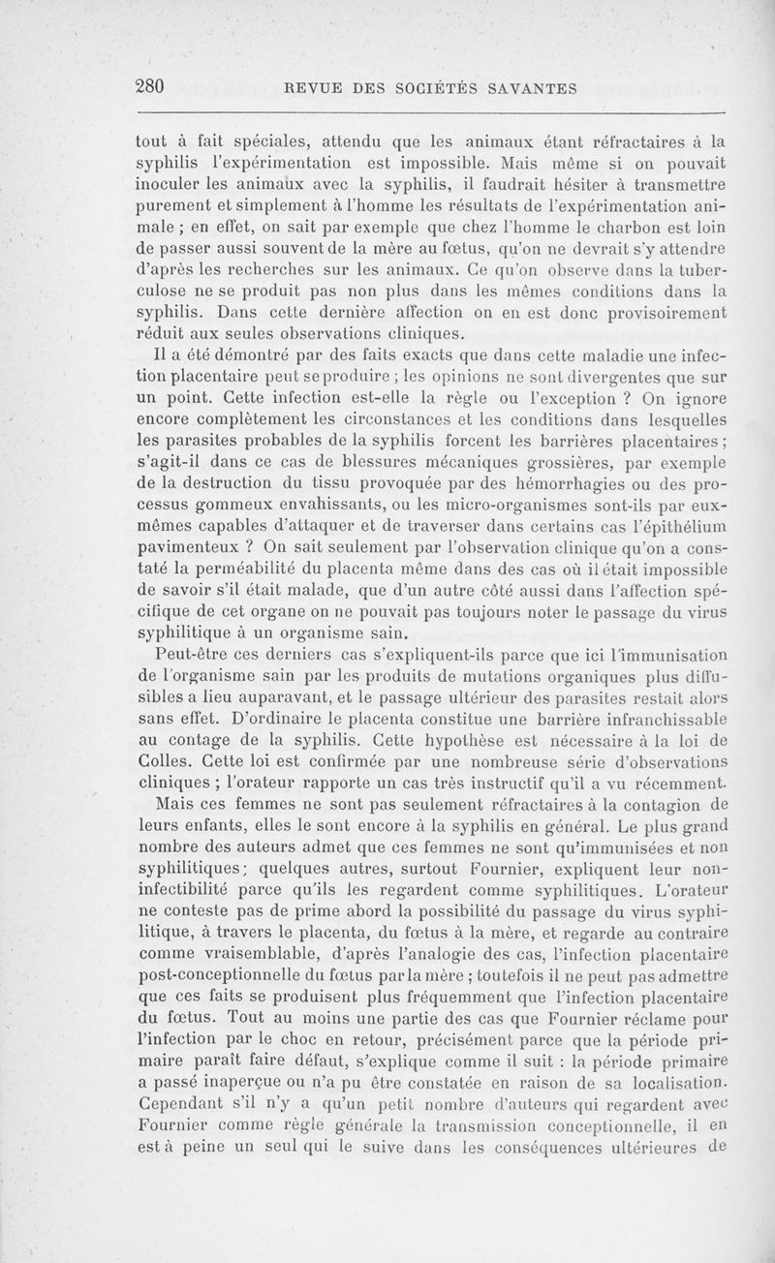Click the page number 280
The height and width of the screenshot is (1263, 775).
[x=152, y=87]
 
